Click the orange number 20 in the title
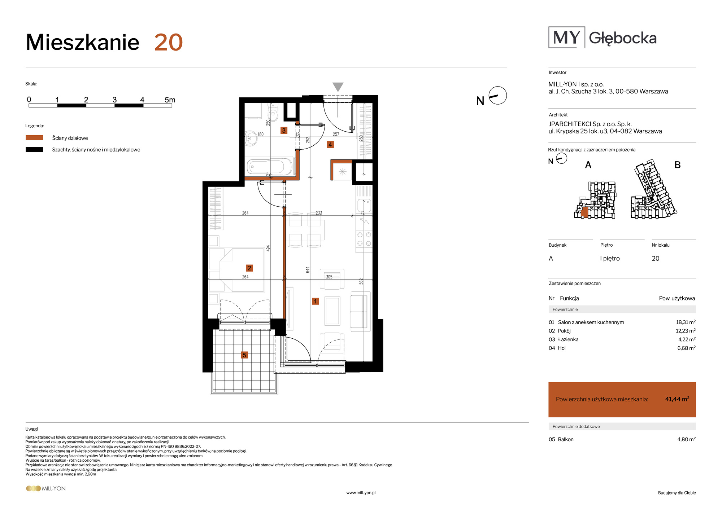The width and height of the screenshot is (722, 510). click(x=169, y=43)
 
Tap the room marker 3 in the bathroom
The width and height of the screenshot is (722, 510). click(x=284, y=130)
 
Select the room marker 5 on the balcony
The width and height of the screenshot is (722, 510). click(x=244, y=355)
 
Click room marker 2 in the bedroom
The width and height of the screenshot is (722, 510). click(x=249, y=268)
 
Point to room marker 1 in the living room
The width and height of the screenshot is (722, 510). click(x=315, y=301)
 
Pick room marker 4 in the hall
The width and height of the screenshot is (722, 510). click(x=330, y=145)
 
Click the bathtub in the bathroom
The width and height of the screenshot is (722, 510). click(x=270, y=167)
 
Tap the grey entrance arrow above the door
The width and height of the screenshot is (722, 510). click(x=338, y=87)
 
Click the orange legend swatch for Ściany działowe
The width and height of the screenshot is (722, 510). click(x=34, y=138)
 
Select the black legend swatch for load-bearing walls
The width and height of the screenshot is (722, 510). click(x=34, y=149)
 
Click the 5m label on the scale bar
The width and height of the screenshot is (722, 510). click(x=170, y=100)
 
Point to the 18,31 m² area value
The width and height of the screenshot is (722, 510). click(x=686, y=322)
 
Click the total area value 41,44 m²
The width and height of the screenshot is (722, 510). click(x=677, y=399)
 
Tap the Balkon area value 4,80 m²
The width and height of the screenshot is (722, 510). click(x=686, y=439)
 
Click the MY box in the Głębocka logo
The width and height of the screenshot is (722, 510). click(x=566, y=37)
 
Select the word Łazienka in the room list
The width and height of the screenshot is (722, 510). click(x=568, y=339)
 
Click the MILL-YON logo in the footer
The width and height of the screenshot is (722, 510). click(x=46, y=488)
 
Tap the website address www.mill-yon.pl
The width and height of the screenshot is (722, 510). click(x=361, y=493)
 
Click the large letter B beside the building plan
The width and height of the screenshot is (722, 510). click(x=678, y=165)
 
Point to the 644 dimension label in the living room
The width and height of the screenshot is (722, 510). click(x=308, y=270)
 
